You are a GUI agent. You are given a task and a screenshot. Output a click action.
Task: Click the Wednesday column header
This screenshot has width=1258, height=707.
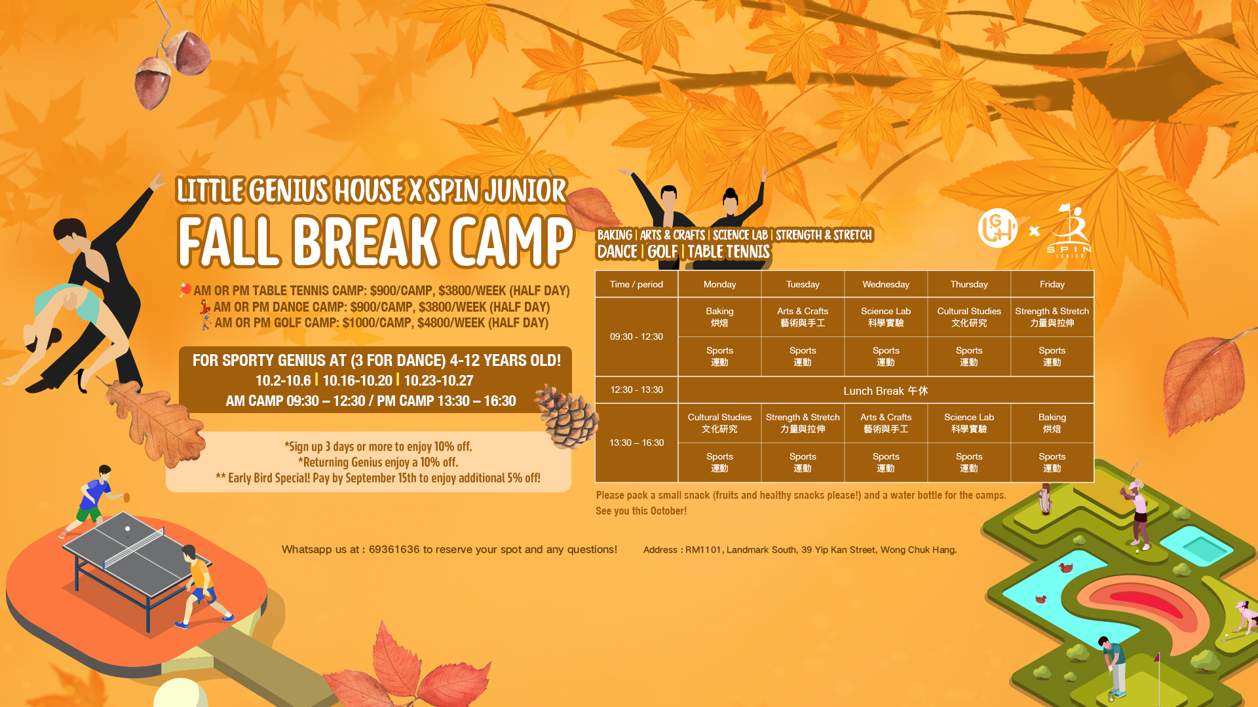tap(886, 284)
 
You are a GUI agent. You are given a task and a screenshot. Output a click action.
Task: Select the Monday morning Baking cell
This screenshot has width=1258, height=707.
tap(719, 317)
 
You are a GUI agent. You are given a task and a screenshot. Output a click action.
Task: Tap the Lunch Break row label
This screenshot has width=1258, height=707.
tap(886, 391)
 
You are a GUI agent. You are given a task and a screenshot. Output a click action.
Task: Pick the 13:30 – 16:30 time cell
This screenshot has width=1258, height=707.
tap(636, 443)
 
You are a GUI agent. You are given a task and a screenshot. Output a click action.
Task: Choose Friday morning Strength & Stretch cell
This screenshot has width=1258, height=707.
tap(1052, 317)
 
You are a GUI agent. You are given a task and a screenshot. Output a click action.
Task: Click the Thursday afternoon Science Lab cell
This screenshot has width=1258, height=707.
tap(969, 424)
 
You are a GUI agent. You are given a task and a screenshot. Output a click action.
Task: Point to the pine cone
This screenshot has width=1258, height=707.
tap(566, 416)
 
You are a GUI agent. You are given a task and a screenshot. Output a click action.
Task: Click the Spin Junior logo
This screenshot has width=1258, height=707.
tap(1069, 230)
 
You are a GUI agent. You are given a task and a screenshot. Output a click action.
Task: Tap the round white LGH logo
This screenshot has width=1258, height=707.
tap(997, 228)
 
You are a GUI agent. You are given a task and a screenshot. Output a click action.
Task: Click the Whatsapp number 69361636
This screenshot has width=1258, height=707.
tap(394, 549)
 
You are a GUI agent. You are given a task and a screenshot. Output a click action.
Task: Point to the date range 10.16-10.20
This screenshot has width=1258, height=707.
tap(357, 380)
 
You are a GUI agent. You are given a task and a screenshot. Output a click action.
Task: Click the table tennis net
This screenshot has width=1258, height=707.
tap(134, 548)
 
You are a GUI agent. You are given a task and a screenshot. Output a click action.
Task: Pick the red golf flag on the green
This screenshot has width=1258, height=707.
tap(1157, 657)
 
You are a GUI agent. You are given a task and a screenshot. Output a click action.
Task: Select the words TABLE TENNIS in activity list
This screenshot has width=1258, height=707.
tap(729, 252)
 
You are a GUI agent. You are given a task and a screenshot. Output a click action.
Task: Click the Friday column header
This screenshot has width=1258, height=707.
tap(1052, 284)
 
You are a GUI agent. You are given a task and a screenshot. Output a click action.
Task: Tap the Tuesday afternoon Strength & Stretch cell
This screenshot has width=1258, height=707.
tap(803, 424)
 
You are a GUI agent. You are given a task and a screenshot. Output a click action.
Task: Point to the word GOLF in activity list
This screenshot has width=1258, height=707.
tap(662, 252)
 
